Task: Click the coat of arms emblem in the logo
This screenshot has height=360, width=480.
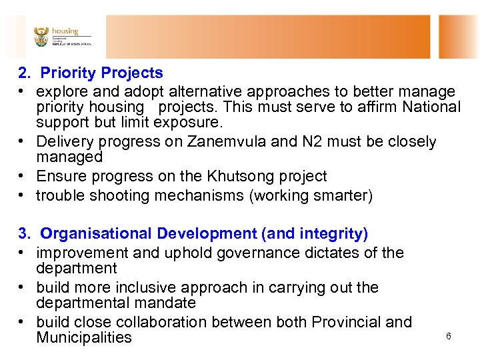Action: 41,36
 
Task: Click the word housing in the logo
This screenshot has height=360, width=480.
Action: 65,31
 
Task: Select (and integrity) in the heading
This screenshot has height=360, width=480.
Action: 315,233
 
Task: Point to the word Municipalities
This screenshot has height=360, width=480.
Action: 84,337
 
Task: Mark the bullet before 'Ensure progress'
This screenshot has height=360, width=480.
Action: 22,177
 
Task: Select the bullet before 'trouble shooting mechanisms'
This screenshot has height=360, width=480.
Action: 22,196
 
